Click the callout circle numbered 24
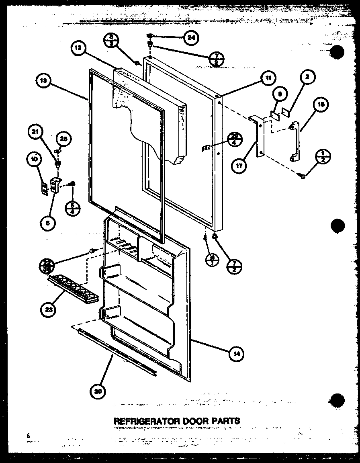[192, 38]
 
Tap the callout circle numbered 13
[43, 81]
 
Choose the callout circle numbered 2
[308, 78]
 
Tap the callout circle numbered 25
[63, 139]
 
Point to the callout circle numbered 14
[237, 353]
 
